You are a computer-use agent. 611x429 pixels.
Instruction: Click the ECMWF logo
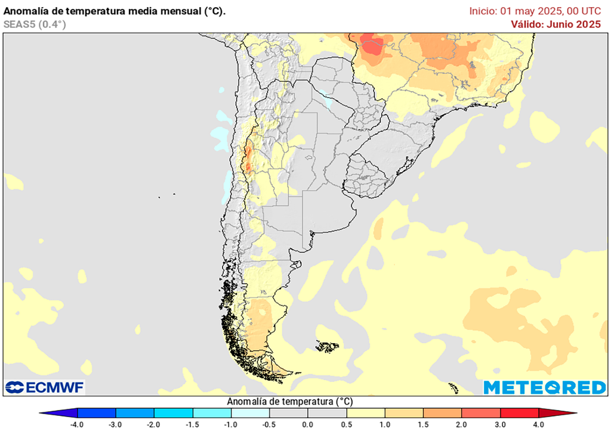(x=45, y=387)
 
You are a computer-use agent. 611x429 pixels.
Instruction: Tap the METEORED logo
(x=544, y=387)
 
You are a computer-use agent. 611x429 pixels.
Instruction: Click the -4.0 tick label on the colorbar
(x=77, y=424)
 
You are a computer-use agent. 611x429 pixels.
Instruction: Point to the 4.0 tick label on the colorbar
(x=538, y=424)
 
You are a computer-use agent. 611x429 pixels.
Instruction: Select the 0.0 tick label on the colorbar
(x=308, y=424)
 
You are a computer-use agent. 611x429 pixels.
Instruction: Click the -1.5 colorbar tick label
(x=193, y=424)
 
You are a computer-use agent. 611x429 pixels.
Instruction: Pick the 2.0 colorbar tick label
(x=461, y=424)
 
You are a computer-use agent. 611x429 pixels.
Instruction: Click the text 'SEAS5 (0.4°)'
(x=35, y=24)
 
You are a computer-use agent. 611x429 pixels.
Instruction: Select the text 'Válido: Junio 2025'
(x=556, y=24)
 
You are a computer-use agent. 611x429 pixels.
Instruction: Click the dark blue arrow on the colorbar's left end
(x=60, y=413)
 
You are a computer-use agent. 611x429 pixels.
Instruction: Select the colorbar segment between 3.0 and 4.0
(x=519, y=413)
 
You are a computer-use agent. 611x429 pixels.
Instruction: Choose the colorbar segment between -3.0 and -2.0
(x=135, y=413)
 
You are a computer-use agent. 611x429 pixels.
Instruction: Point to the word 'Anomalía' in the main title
(x=25, y=11)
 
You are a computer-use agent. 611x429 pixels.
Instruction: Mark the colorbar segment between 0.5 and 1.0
(x=365, y=413)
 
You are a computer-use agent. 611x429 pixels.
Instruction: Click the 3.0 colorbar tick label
(x=500, y=424)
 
